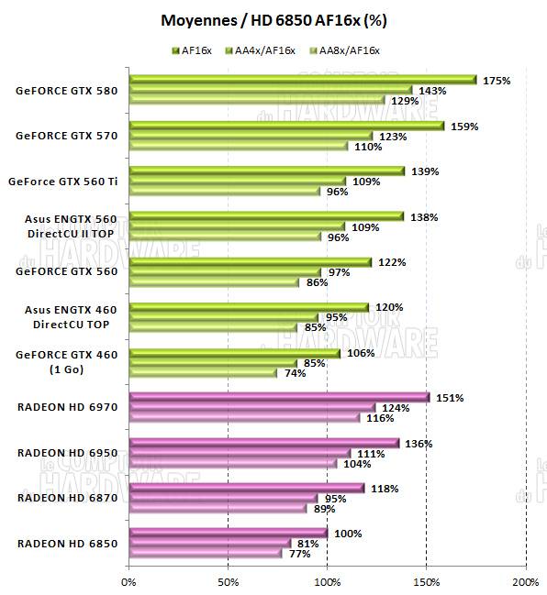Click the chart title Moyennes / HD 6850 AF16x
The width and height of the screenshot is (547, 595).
(x=273, y=19)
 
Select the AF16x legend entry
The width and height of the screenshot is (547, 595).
(x=196, y=50)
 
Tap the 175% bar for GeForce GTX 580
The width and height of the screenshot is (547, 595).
(x=303, y=80)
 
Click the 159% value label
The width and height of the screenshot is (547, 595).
(x=463, y=127)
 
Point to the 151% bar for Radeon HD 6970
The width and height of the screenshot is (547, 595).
(x=279, y=397)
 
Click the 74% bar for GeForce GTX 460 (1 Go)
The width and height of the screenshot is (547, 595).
(x=203, y=373)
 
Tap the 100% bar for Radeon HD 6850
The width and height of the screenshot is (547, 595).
(x=229, y=533)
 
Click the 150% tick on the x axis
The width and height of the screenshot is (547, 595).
(x=427, y=580)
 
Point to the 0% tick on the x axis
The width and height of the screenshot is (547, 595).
(x=129, y=580)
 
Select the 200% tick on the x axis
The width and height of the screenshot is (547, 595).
(x=525, y=580)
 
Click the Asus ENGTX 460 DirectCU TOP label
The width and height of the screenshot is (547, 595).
(x=67, y=317)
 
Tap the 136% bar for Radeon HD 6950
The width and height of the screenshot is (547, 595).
(x=264, y=443)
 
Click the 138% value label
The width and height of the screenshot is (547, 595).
(x=423, y=217)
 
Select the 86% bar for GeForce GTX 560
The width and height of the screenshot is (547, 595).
(x=215, y=282)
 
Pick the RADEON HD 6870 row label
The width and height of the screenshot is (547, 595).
(x=67, y=498)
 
